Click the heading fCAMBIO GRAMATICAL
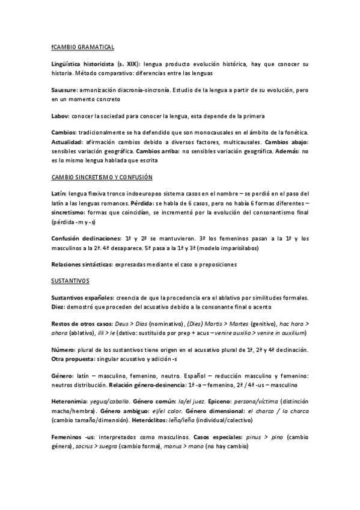click(82, 46)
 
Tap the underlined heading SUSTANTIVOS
click(70, 281)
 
